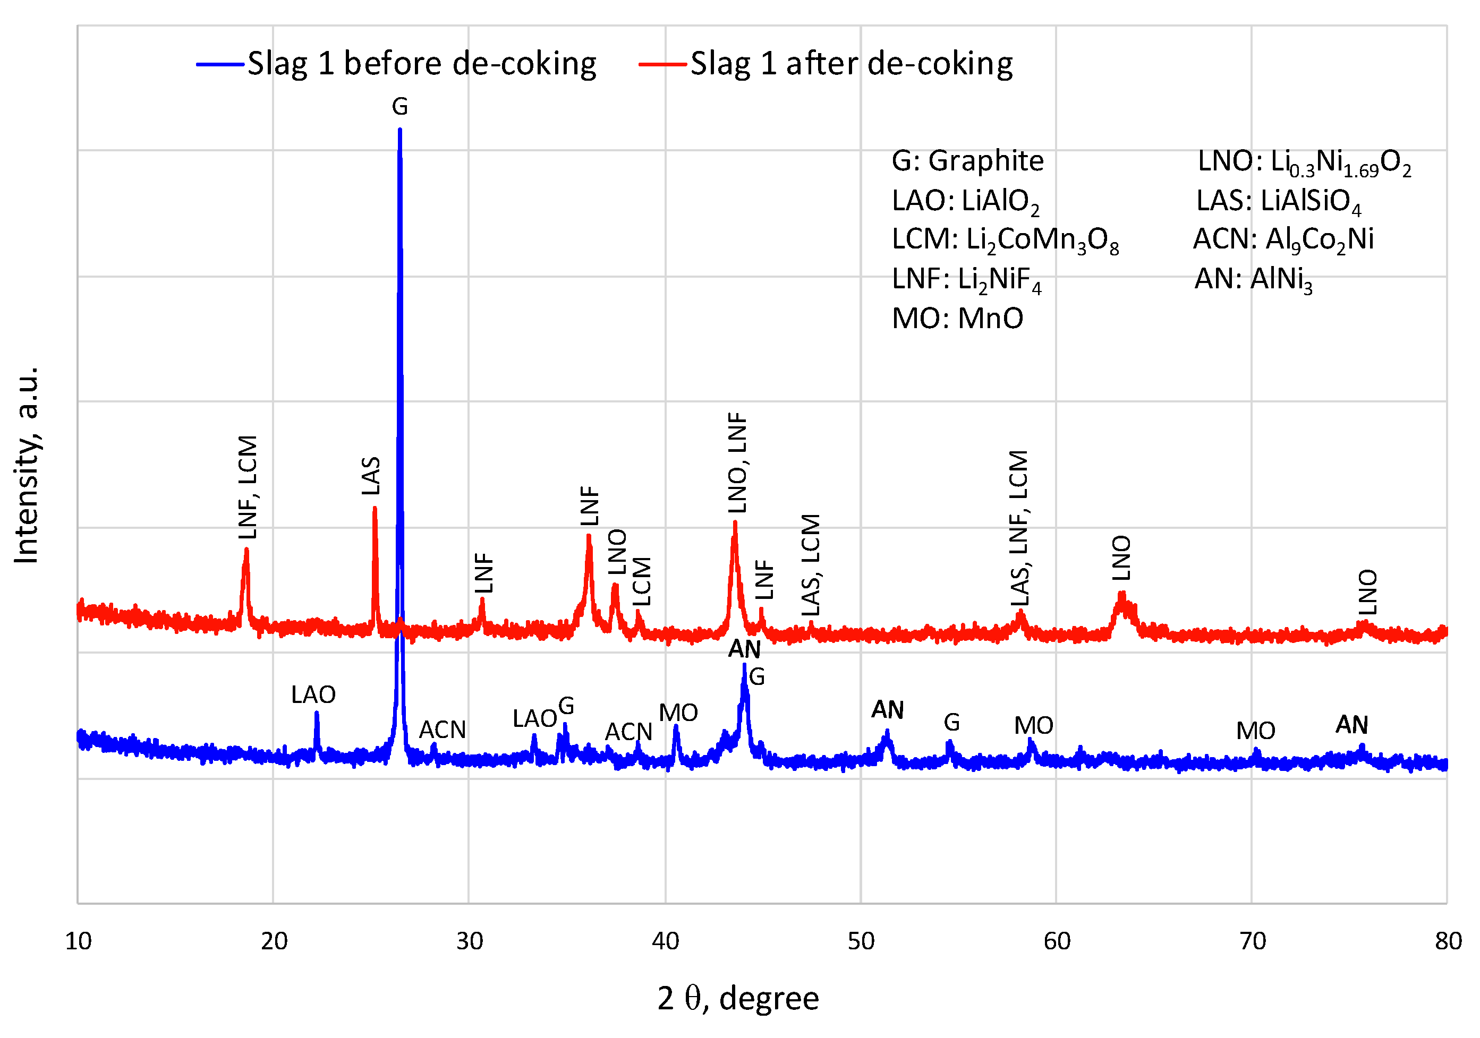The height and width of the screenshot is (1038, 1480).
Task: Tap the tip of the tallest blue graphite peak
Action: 399,130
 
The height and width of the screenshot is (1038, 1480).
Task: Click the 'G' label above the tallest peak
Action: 399,106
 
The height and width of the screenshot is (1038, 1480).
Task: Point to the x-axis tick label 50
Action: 861,942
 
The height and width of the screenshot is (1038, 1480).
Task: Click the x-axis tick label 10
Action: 78,942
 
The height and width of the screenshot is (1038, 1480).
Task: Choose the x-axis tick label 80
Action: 1448,942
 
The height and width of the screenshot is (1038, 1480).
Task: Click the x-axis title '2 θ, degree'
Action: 738,999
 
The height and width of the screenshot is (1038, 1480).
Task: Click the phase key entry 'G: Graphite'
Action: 967,161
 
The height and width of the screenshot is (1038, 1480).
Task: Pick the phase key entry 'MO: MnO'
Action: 957,318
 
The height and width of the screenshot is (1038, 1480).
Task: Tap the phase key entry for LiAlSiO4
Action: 1278,201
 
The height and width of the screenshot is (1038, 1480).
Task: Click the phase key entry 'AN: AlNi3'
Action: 1253,279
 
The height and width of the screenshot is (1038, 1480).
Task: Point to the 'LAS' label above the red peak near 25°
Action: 371,476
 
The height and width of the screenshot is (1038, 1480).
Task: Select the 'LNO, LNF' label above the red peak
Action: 737,462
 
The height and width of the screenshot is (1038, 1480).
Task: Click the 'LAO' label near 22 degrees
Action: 313,695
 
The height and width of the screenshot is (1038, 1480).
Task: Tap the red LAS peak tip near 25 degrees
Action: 375,509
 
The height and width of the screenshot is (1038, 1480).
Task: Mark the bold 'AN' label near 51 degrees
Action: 888,710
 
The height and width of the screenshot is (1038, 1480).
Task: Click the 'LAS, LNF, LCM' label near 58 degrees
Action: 1019,528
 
